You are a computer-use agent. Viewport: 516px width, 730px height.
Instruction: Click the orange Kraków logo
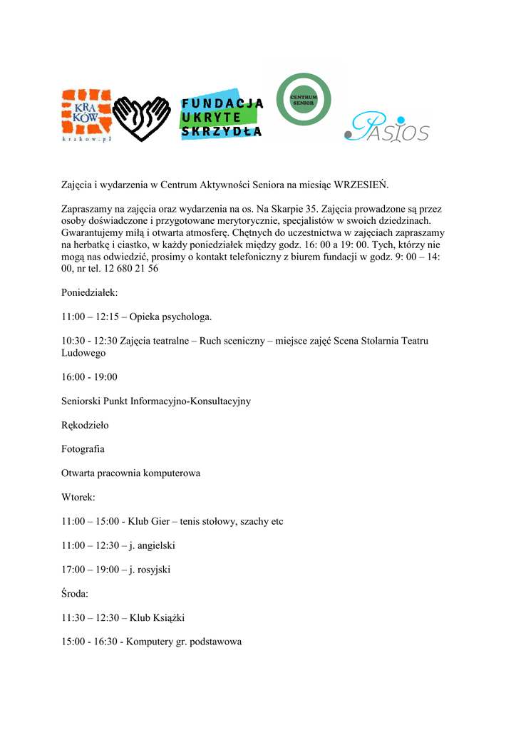[x=86, y=115]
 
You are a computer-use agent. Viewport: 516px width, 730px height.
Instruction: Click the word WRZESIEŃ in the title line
[x=361, y=185]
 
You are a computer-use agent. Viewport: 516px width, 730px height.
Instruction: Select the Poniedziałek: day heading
[x=90, y=293]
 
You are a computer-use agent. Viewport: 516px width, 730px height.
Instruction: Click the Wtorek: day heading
[x=78, y=497]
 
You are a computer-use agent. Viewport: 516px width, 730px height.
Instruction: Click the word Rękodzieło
[x=85, y=425]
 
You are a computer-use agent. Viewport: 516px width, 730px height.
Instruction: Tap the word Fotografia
[x=83, y=449]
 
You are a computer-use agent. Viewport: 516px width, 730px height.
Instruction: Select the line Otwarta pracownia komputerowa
[x=130, y=473]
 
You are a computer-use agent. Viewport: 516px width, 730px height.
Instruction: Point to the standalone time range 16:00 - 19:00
[x=89, y=376]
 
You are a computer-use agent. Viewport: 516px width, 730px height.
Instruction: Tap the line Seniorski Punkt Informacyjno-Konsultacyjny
[x=156, y=401]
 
